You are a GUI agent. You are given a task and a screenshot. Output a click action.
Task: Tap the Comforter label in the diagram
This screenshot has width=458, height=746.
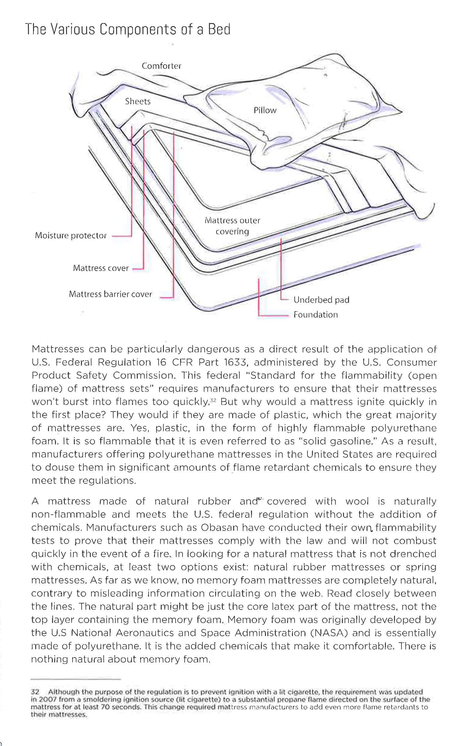click(162, 66)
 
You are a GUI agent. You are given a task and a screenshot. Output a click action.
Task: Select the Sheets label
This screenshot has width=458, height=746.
click(138, 101)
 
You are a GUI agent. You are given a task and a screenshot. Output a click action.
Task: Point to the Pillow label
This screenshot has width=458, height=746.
click(265, 110)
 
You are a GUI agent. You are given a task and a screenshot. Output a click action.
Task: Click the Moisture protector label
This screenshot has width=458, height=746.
click(71, 235)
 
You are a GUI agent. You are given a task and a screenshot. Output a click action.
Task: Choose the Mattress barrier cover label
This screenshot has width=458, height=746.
click(111, 294)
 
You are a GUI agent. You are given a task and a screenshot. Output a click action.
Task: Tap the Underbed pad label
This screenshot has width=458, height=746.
click(321, 300)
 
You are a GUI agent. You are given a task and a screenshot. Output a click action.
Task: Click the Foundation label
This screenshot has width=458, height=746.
click(316, 315)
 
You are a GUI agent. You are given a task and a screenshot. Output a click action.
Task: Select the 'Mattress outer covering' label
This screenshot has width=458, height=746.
click(232, 226)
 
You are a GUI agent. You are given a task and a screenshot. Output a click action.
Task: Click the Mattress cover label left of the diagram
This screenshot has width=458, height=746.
click(101, 268)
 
